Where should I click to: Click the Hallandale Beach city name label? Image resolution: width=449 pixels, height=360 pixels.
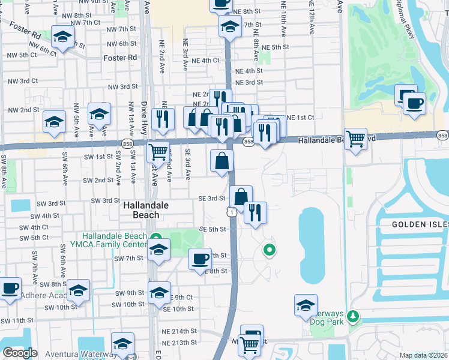pyautogui.click(x=141, y=209)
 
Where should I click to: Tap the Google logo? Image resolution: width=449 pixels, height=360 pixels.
pyautogui.click(x=20, y=353)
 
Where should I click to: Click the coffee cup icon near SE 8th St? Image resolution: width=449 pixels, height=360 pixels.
pyautogui.click(x=200, y=259)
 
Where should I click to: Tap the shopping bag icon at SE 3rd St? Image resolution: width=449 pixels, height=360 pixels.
pyautogui.click(x=241, y=197)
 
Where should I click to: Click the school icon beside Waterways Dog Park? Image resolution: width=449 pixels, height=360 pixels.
pyautogui.click(x=306, y=305)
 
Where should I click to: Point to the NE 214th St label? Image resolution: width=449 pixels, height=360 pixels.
pyautogui.click(x=182, y=331)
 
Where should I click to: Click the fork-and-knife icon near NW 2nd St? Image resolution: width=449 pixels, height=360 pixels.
pyautogui.click(x=161, y=119)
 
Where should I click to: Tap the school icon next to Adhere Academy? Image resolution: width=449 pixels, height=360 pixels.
pyautogui.click(x=78, y=291)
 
